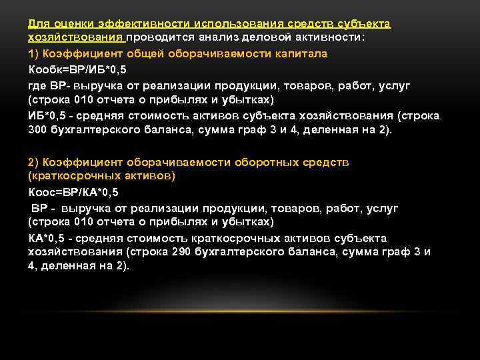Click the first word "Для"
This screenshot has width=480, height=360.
pyautogui.click(x=37, y=24)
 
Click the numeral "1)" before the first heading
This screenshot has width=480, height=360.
pyautogui.click(x=35, y=53)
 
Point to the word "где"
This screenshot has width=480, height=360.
pyautogui.click(x=39, y=85)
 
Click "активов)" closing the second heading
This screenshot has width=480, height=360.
pyautogui.click(x=155, y=177)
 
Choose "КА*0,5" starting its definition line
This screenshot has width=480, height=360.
pyautogui.click(x=47, y=238)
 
